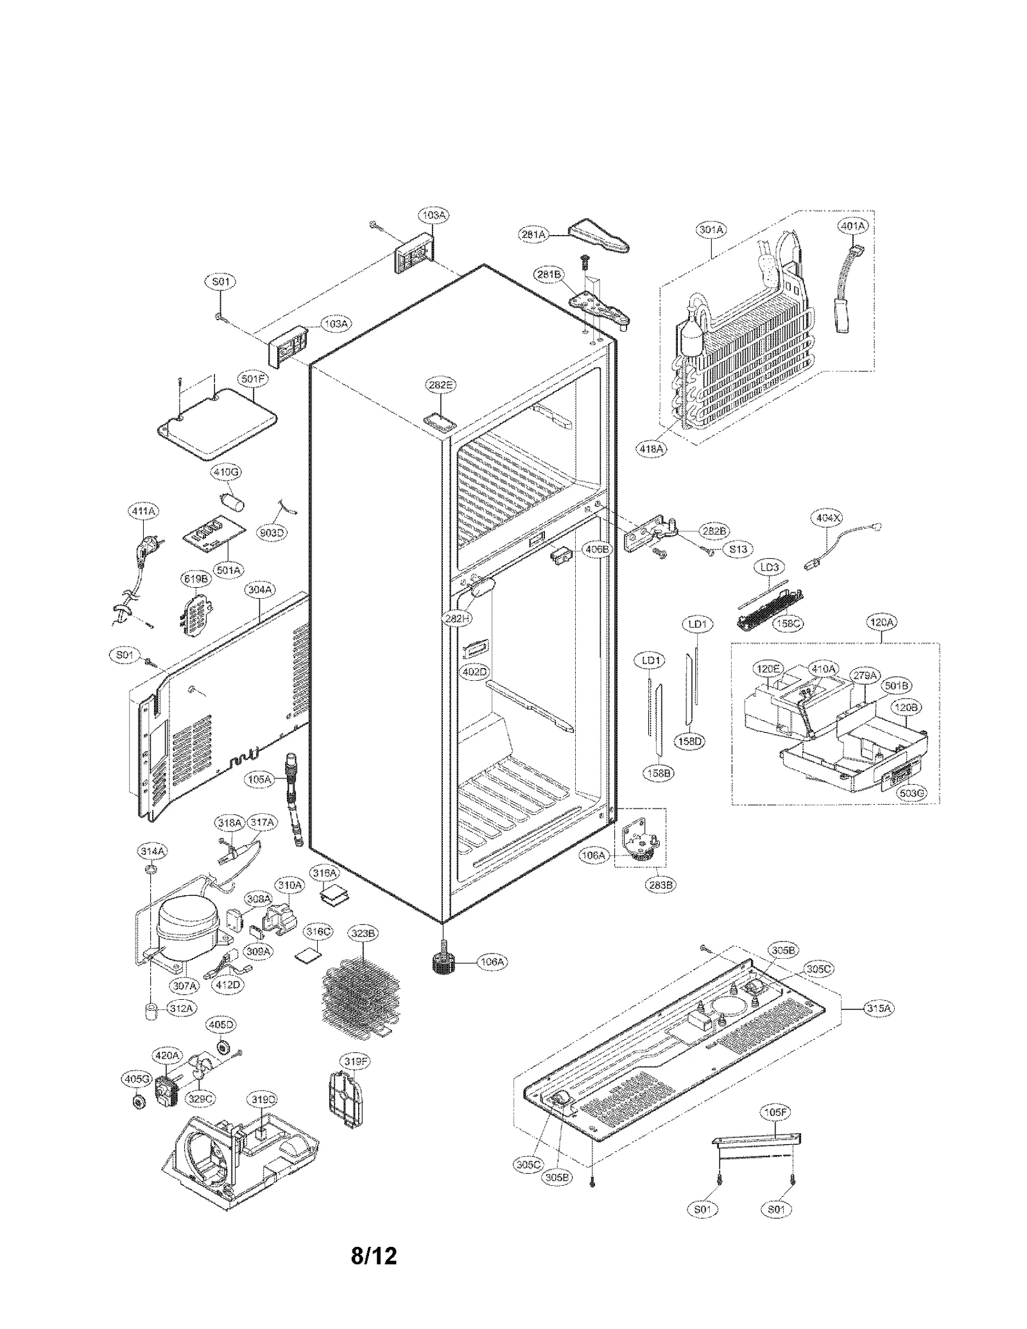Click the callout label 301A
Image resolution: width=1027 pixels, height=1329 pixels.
711,229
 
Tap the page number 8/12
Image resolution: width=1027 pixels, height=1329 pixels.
374,1273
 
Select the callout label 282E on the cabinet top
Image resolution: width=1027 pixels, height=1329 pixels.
440,385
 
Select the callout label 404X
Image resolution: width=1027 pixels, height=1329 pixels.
827,517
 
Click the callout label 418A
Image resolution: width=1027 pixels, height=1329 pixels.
650,449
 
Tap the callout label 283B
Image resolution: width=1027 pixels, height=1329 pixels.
659,884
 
